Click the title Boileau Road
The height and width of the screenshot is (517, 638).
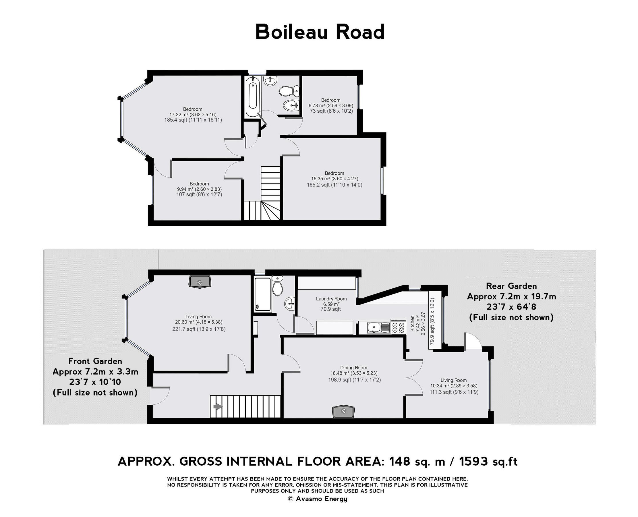pos(320,32)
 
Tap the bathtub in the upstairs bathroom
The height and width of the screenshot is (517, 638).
pos(252,96)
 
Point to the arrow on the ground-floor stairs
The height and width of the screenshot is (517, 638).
pos(218,406)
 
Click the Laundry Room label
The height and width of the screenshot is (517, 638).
pos(331,299)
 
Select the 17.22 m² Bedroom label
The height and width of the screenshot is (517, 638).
pos(193,109)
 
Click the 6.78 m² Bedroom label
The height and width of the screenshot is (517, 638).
pos(330,100)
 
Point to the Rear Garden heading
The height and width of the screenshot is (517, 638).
pos(511,286)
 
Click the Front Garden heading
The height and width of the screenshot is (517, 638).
pos(95,361)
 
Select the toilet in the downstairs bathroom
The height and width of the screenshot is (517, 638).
pos(277,286)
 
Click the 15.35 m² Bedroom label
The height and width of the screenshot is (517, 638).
pos(334,173)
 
